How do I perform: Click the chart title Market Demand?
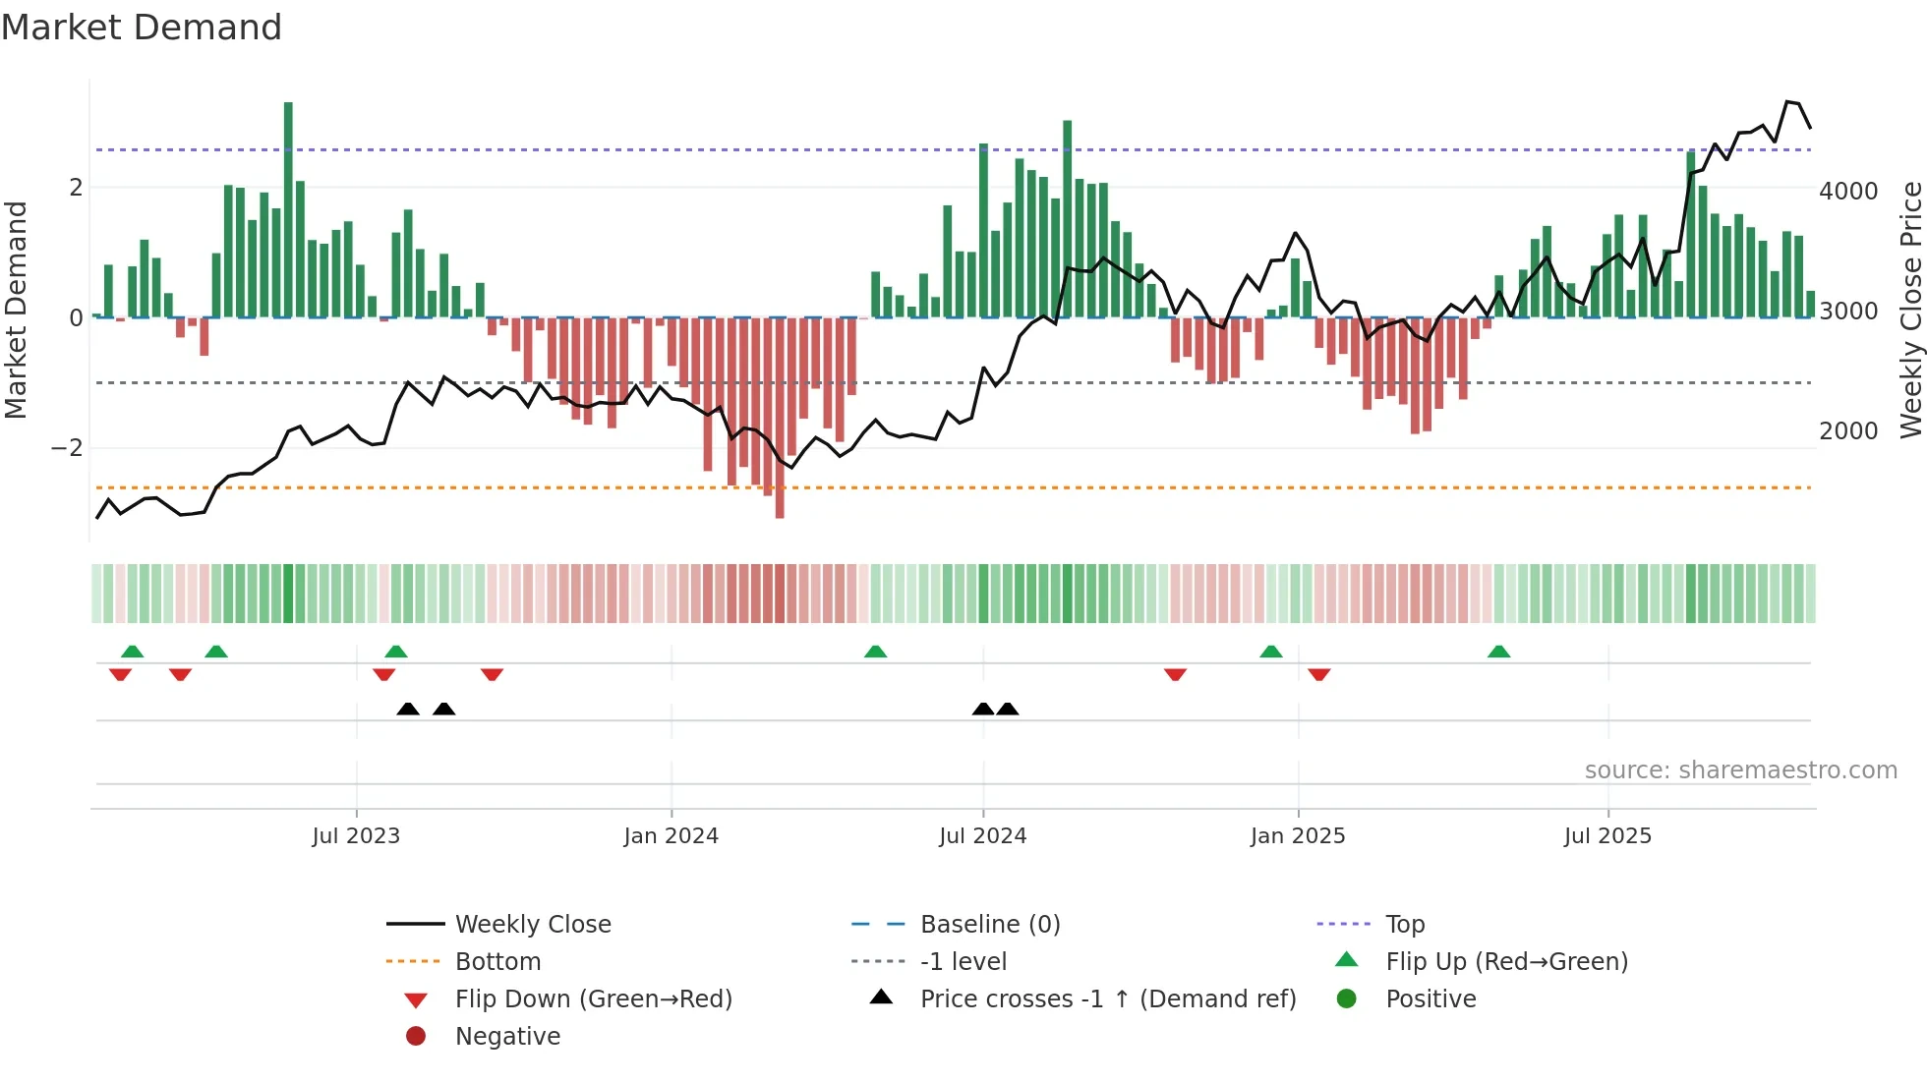142,28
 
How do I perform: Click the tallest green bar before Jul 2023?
288,206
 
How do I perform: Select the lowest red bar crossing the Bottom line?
780,506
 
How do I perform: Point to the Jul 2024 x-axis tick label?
982,836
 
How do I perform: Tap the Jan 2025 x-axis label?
1297,836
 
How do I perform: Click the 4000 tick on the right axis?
1847,192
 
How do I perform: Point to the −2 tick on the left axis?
67,448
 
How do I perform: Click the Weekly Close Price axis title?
1910,310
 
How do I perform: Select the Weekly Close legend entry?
532,925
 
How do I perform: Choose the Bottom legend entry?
497,962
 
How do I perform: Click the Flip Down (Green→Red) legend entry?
593,999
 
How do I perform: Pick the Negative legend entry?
507,1037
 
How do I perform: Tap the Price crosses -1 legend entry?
1107,999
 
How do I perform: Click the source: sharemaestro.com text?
1740,770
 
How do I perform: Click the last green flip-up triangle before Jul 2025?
1498,652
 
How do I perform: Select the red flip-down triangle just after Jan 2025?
1319,674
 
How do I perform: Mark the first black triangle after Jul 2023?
408,709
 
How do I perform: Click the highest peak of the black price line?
1788,102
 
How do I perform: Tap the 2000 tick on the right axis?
1847,431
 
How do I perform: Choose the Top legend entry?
1404,925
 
